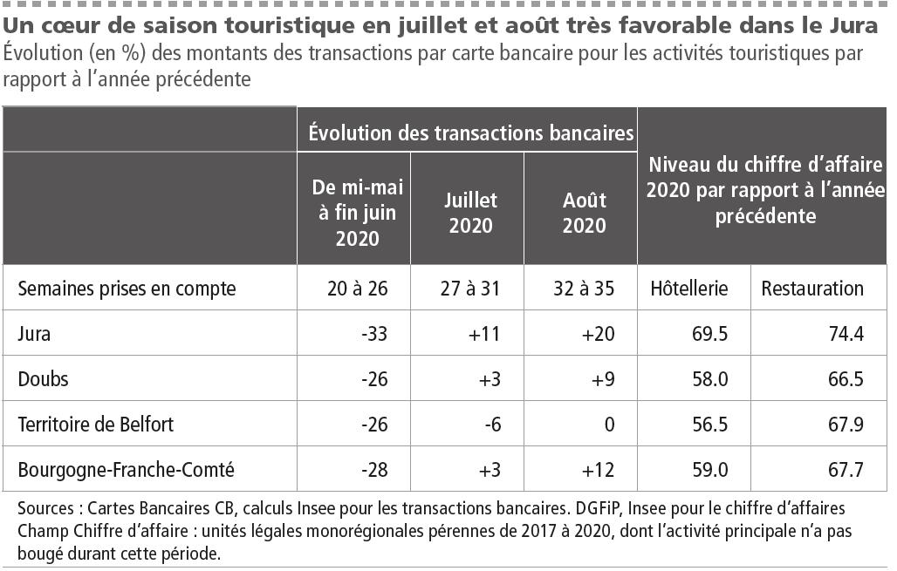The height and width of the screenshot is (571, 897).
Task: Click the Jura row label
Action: tap(34, 334)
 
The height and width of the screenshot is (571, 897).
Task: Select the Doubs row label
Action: tap(43, 379)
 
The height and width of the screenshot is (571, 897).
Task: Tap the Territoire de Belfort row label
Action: tap(96, 425)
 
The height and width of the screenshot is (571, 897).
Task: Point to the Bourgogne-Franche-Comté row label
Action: tap(127, 470)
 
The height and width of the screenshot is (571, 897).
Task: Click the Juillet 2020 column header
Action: tap(470, 212)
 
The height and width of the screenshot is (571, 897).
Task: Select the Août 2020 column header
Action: tap(584, 212)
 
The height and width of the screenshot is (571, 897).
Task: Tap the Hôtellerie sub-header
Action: tap(688, 289)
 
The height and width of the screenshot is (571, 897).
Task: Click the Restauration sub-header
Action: tap(812, 289)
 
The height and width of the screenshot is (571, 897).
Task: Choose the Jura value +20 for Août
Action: tap(599, 334)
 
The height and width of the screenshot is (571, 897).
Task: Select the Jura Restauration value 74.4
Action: tap(847, 334)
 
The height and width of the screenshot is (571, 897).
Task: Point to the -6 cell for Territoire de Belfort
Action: tap(491, 425)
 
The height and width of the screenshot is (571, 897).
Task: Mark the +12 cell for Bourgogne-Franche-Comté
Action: tap(599, 470)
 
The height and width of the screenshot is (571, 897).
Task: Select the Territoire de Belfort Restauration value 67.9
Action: tap(847, 425)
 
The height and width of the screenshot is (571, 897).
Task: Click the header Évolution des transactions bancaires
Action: tap(469, 133)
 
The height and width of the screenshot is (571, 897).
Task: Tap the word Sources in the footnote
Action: tap(45, 507)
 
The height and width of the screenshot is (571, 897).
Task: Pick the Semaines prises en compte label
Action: tap(127, 289)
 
